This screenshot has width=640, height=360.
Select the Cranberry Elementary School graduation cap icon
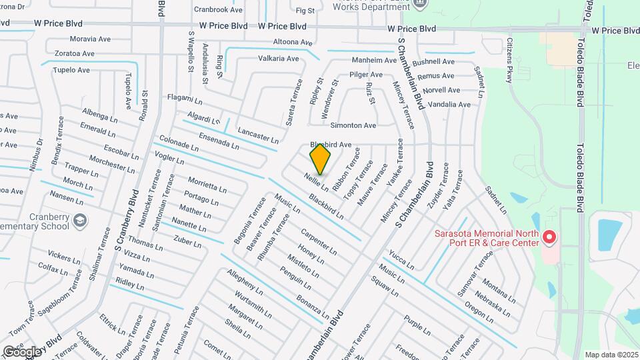(80, 219)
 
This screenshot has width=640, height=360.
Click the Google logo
(22, 351)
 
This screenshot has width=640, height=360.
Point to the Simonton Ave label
(353, 125)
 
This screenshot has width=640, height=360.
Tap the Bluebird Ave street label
(330, 145)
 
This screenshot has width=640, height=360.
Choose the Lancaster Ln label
(258, 135)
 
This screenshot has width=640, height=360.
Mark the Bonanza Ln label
(313, 306)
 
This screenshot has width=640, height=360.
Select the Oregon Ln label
(479, 313)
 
